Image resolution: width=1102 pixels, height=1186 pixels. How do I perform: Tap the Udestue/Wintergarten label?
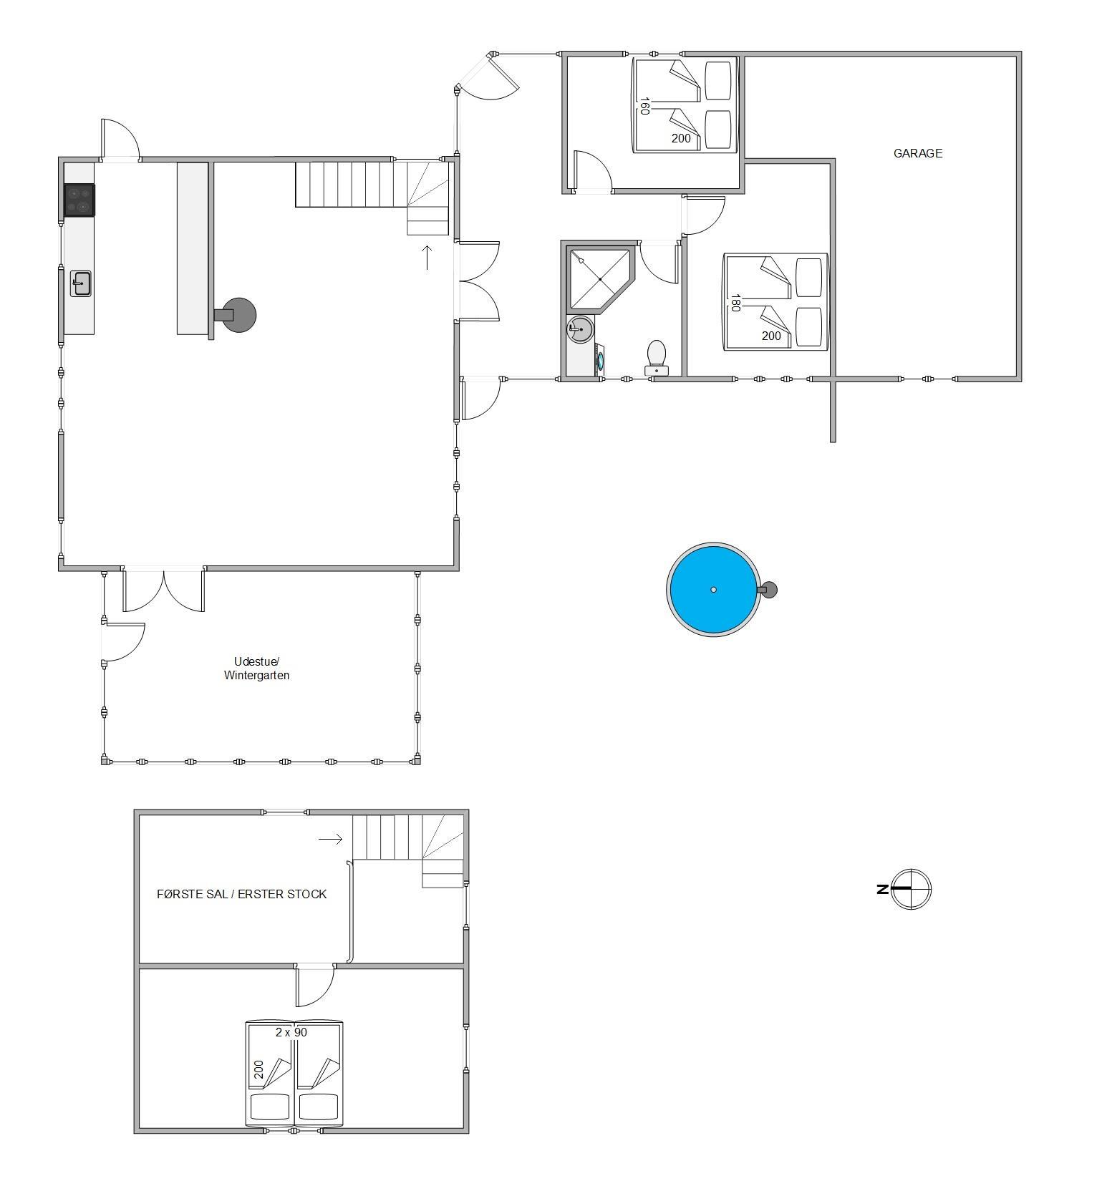[256, 668]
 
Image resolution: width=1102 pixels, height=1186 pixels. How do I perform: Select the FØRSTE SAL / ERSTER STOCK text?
[241, 894]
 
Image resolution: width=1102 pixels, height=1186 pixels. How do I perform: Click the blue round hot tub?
[714, 589]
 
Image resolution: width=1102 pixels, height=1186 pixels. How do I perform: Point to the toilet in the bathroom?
[657, 358]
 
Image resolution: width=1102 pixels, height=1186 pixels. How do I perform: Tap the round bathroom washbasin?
[580, 330]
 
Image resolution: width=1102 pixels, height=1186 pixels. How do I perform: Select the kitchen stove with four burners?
[79, 200]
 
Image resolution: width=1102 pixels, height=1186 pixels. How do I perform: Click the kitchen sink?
[81, 283]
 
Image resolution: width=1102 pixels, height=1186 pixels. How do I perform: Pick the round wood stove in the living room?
[238, 315]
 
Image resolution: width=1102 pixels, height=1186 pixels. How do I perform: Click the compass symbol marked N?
[910, 889]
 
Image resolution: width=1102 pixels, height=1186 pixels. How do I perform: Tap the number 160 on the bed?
[644, 107]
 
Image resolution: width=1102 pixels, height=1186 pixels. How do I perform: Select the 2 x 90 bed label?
[291, 1032]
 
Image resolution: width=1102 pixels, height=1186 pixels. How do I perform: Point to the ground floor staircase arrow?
[427, 257]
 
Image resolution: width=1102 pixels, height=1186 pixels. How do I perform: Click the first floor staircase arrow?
[331, 840]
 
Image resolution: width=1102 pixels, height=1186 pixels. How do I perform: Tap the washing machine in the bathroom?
[599, 359]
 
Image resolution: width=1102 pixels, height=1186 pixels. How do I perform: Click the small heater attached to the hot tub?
[768, 590]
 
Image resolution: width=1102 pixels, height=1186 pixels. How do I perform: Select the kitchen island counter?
[193, 248]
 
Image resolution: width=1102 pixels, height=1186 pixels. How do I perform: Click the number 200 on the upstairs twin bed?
[258, 1069]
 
